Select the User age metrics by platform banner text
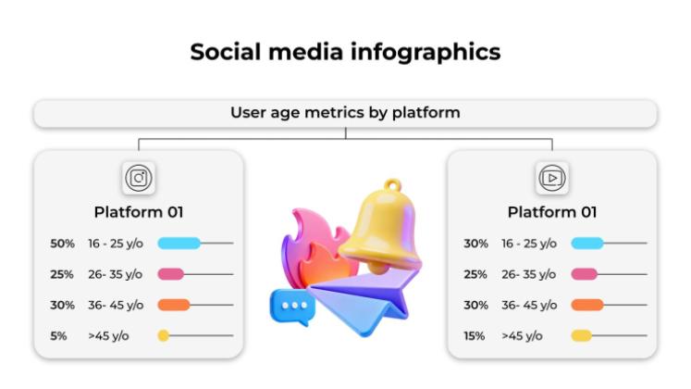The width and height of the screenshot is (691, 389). (345, 113)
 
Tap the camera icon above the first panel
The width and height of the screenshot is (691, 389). (139, 178)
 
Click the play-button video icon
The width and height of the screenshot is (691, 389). (552, 178)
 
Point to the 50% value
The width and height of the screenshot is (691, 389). (63, 244)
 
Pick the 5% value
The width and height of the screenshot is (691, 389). (58, 336)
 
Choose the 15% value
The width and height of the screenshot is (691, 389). (475, 336)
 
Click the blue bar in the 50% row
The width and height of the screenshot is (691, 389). (179, 244)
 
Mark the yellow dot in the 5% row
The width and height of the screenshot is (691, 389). (163, 336)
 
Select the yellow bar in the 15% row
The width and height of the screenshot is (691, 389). (581, 336)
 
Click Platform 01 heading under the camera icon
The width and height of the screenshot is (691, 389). (139, 212)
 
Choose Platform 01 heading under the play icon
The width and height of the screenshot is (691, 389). (552, 212)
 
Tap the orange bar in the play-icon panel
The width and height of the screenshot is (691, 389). (586, 305)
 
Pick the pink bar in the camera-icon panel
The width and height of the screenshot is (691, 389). (171, 274)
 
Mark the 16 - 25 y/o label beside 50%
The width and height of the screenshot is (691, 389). (116, 244)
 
